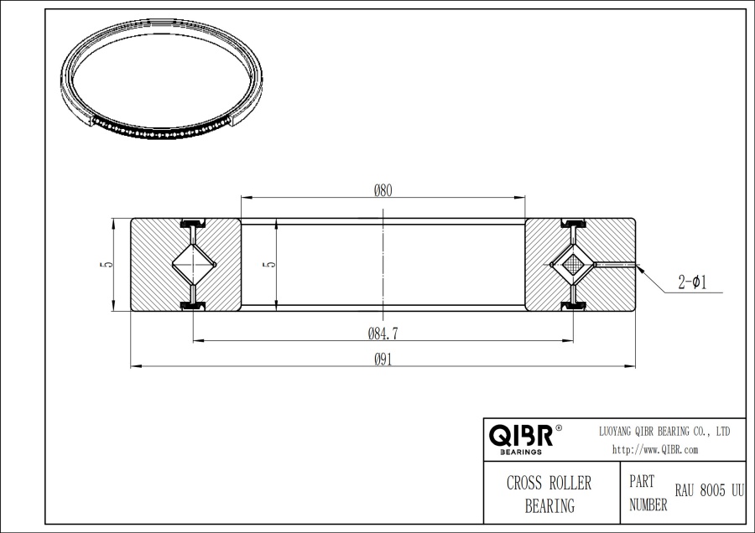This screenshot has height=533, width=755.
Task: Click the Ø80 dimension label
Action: point(383,190)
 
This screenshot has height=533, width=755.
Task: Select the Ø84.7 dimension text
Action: point(383,334)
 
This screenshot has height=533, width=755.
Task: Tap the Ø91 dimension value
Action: point(383,360)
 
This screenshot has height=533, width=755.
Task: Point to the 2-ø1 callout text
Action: point(691,283)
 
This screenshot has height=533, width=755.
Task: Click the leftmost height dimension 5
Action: point(103,265)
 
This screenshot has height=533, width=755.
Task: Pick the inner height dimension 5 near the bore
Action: point(268,265)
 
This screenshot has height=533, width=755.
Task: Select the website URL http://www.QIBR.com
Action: point(655,449)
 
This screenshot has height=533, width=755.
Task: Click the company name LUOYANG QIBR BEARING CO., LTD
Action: point(663,431)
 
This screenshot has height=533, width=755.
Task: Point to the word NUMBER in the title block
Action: point(648,505)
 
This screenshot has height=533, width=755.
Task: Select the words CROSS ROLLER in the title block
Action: point(549,484)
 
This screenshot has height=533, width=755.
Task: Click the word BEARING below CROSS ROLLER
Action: point(549,505)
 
